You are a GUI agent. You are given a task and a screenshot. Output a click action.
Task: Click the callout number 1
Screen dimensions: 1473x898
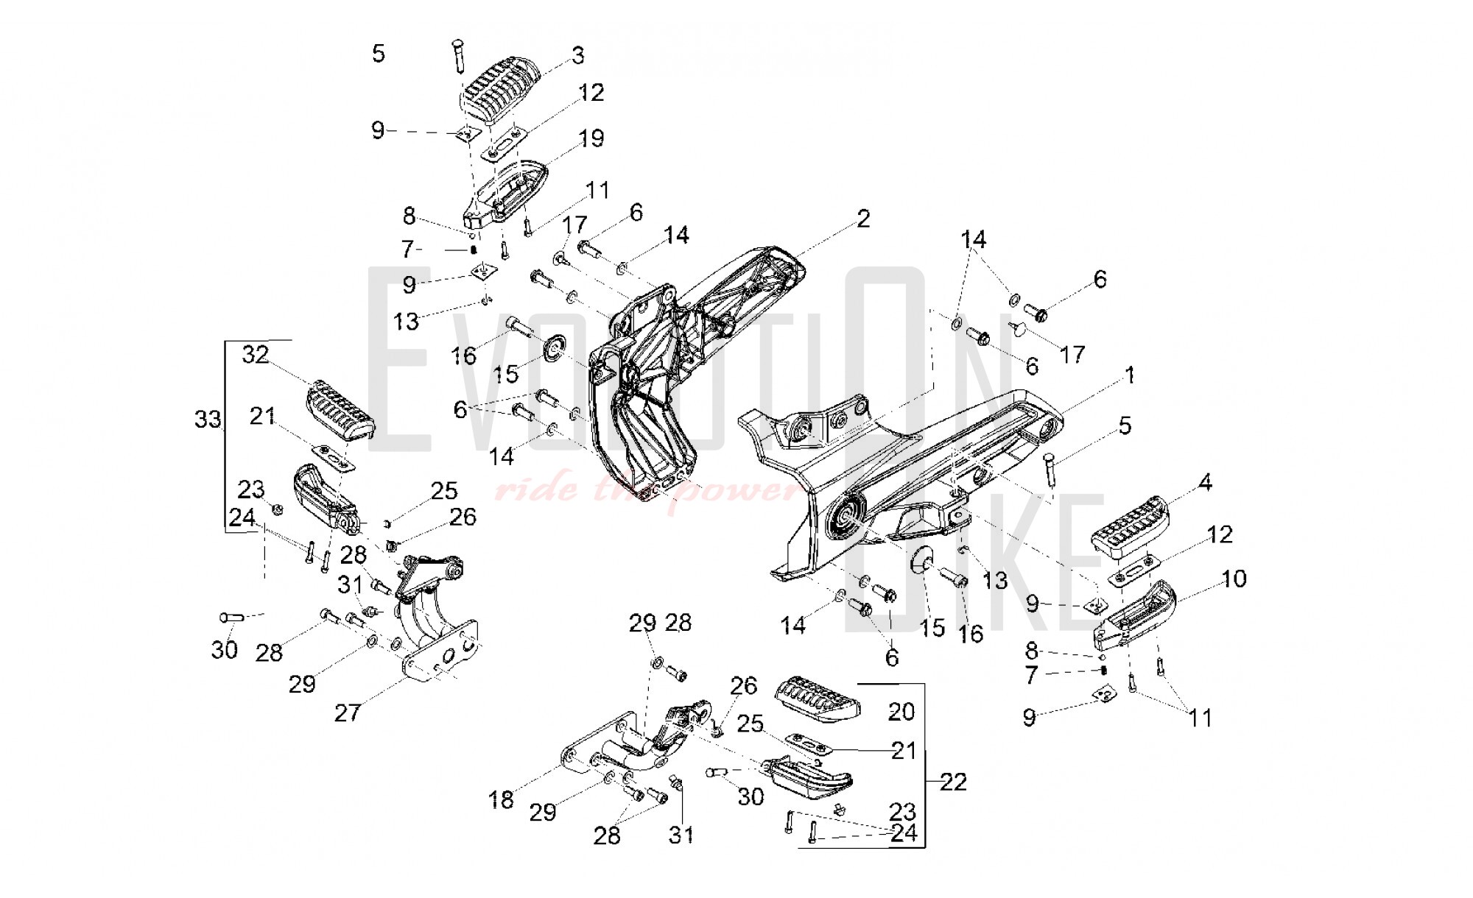pos(1129,376)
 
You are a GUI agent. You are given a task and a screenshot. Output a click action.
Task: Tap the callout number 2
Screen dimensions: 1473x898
pos(863,219)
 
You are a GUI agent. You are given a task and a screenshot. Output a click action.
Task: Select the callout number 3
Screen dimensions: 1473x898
pos(578,55)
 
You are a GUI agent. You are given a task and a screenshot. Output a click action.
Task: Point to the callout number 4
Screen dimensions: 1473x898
pos(1205,484)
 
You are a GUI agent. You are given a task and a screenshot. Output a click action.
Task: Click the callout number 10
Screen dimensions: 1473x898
pos(1234,579)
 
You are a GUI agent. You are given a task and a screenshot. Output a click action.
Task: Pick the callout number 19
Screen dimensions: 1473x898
pos(591,138)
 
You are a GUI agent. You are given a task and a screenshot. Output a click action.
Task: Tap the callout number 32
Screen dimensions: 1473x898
pos(256,356)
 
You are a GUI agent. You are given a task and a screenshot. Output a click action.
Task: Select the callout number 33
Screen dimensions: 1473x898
pos(208,420)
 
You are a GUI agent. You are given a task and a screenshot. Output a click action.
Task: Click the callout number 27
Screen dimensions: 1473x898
pos(347,713)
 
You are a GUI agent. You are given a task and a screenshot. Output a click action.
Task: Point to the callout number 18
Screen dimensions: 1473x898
pos(501,800)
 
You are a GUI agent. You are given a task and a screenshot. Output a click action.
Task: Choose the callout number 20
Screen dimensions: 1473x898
pos(901,712)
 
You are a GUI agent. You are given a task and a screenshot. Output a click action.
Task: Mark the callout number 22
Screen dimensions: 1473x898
pos(953,782)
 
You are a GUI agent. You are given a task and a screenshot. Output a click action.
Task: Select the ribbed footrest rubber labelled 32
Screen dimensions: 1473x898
pos(340,411)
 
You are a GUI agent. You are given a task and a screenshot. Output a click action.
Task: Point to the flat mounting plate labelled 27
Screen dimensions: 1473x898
pos(440,651)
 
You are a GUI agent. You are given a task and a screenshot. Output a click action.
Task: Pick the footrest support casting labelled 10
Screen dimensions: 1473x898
pos(1134,615)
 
